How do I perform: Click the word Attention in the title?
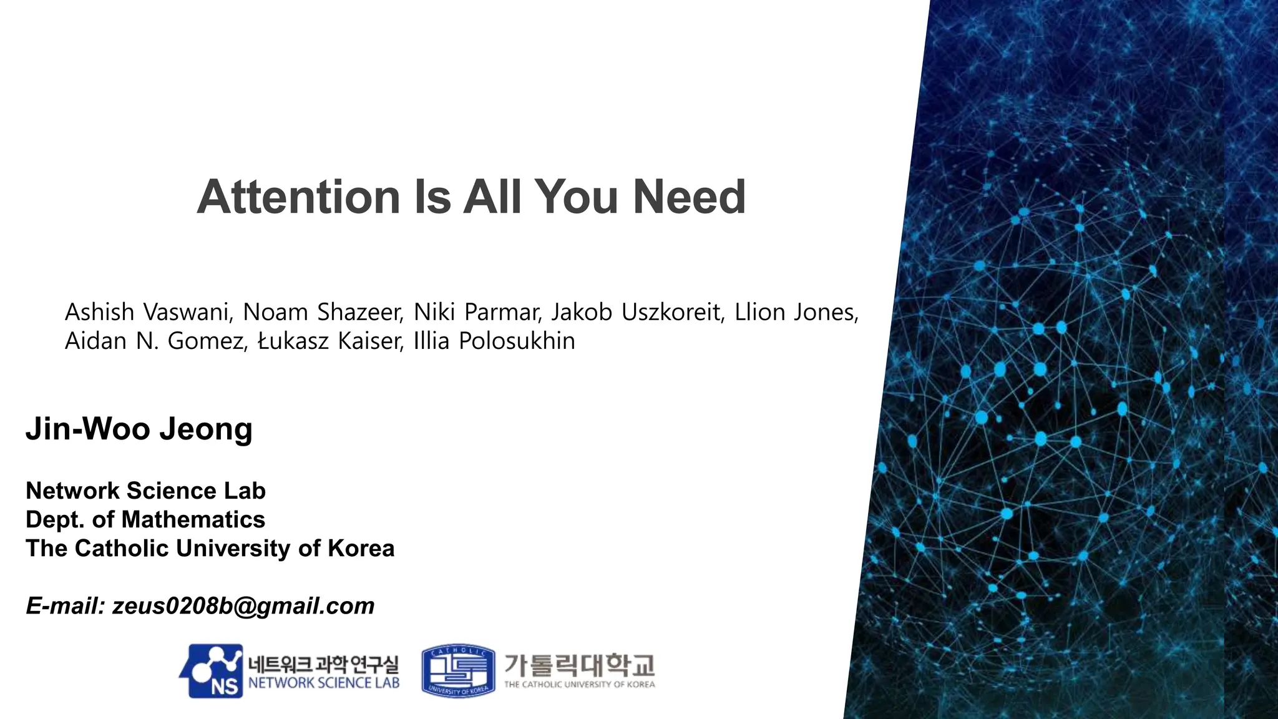click(298, 197)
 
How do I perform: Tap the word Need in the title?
click(689, 197)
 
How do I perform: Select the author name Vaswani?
click(188, 312)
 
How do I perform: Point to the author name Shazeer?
click(361, 312)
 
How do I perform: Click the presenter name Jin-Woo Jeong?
click(139, 429)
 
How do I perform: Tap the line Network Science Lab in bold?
click(145, 491)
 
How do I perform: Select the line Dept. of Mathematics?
click(145, 520)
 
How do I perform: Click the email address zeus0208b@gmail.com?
click(243, 606)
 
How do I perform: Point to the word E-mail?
click(65, 606)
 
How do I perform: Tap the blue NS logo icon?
click(211, 672)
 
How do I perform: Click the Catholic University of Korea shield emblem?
click(459, 671)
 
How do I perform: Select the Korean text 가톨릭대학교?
click(579, 665)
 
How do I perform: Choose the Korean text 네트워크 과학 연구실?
click(323, 663)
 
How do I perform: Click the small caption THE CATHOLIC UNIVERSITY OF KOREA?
click(579, 685)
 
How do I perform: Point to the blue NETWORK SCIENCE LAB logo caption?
click(323, 683)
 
